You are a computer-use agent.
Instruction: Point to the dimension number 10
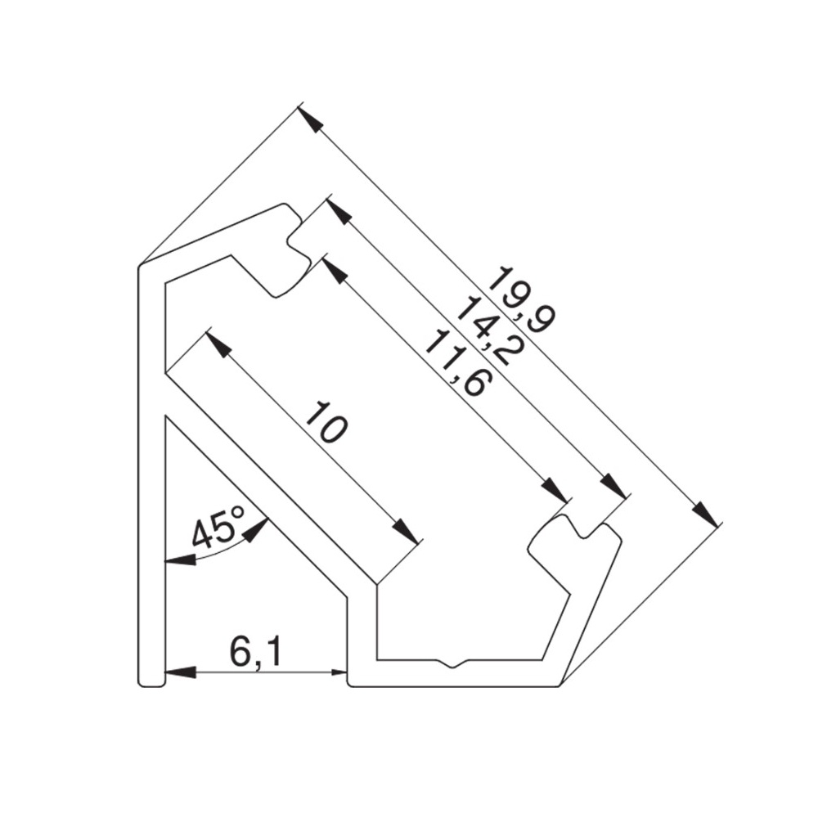point(326,421)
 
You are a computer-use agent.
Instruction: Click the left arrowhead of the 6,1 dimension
point(181,672)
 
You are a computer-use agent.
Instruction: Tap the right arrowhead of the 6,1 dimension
point(332,672)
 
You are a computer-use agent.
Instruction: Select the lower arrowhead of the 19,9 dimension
point(705,512)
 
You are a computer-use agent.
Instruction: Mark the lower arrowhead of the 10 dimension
point(407,531)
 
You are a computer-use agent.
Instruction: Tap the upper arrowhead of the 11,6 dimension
point(335,270)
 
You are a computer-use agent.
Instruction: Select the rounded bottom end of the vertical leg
point(152,681)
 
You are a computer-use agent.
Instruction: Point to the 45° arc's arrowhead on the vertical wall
point(180,561)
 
